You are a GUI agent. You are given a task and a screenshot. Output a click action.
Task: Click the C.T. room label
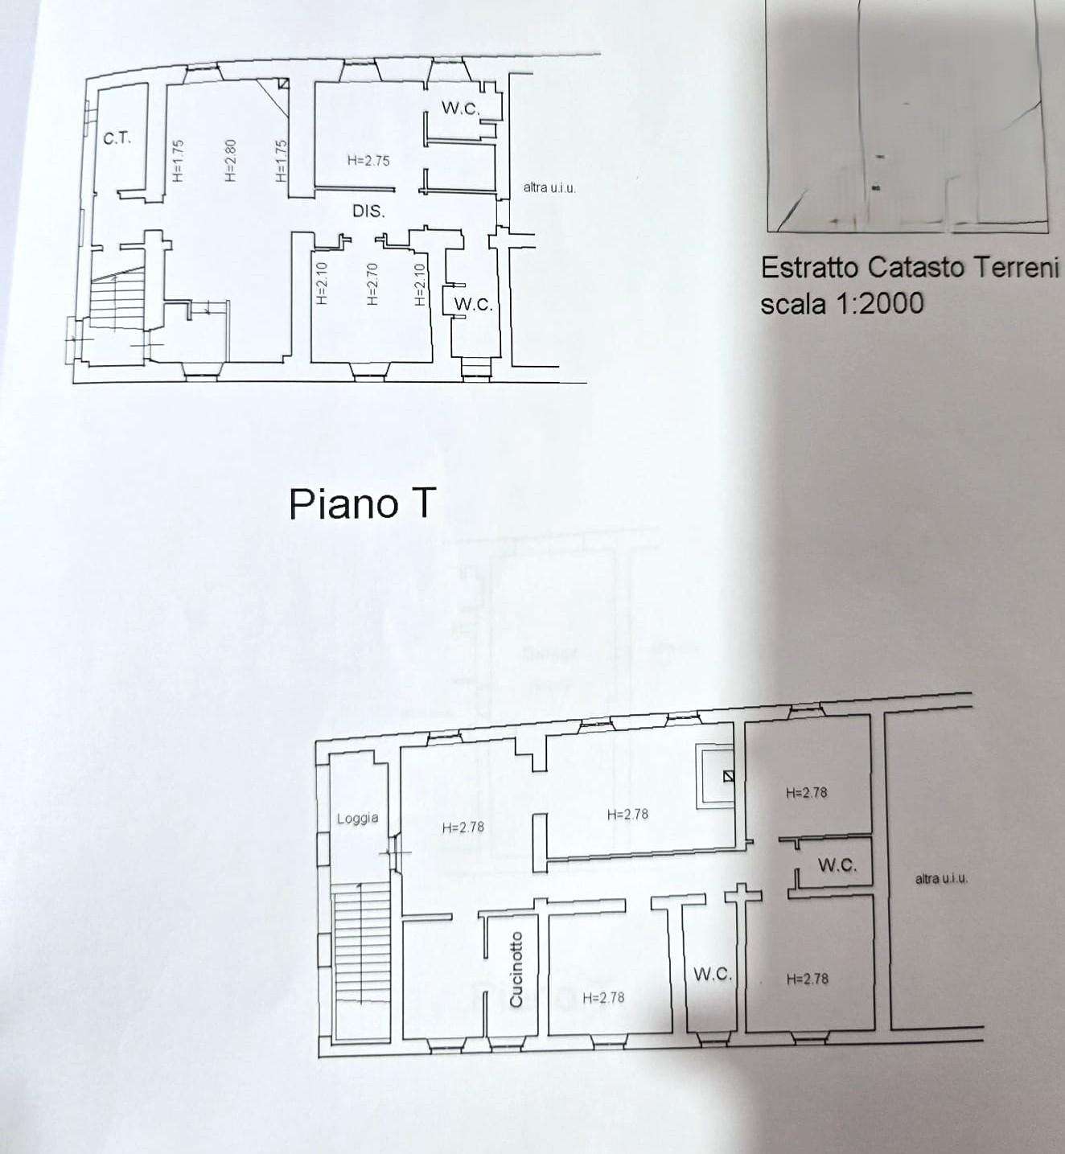[x=117, y=138]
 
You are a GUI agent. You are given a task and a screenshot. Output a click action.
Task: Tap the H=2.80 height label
[x=230, y=160]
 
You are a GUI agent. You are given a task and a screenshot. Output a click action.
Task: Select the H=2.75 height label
[x=368, y=160]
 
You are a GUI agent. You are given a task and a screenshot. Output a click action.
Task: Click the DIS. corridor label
[x=368, y=211]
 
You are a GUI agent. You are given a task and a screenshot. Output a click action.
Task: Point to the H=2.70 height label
[x=372, y=284]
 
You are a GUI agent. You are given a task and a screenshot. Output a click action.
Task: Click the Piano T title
[x=362, y=503]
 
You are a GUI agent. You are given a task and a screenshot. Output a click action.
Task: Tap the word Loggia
[x=357, y=818]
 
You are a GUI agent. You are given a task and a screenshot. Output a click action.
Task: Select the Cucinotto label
[x=516, y=969]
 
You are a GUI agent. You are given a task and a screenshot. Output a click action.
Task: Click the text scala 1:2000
[x=841, y=303]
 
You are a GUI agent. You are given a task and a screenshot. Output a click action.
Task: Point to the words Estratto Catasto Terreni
[x=909, y=268]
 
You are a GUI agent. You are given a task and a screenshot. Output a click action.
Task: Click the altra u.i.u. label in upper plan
[x=549, y=187]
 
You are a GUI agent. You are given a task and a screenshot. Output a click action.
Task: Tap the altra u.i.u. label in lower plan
[x=941, y=879]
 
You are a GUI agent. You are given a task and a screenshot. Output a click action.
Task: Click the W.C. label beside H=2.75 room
[x=460, y=108]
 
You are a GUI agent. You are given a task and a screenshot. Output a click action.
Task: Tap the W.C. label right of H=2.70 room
[x=473, y=304]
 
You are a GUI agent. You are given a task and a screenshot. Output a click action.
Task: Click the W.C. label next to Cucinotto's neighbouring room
[x=713, y=974]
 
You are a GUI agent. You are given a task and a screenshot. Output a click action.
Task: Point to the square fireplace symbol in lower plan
[x=715, y=776]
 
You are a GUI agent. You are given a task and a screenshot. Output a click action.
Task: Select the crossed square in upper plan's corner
[x=283, y=84]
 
